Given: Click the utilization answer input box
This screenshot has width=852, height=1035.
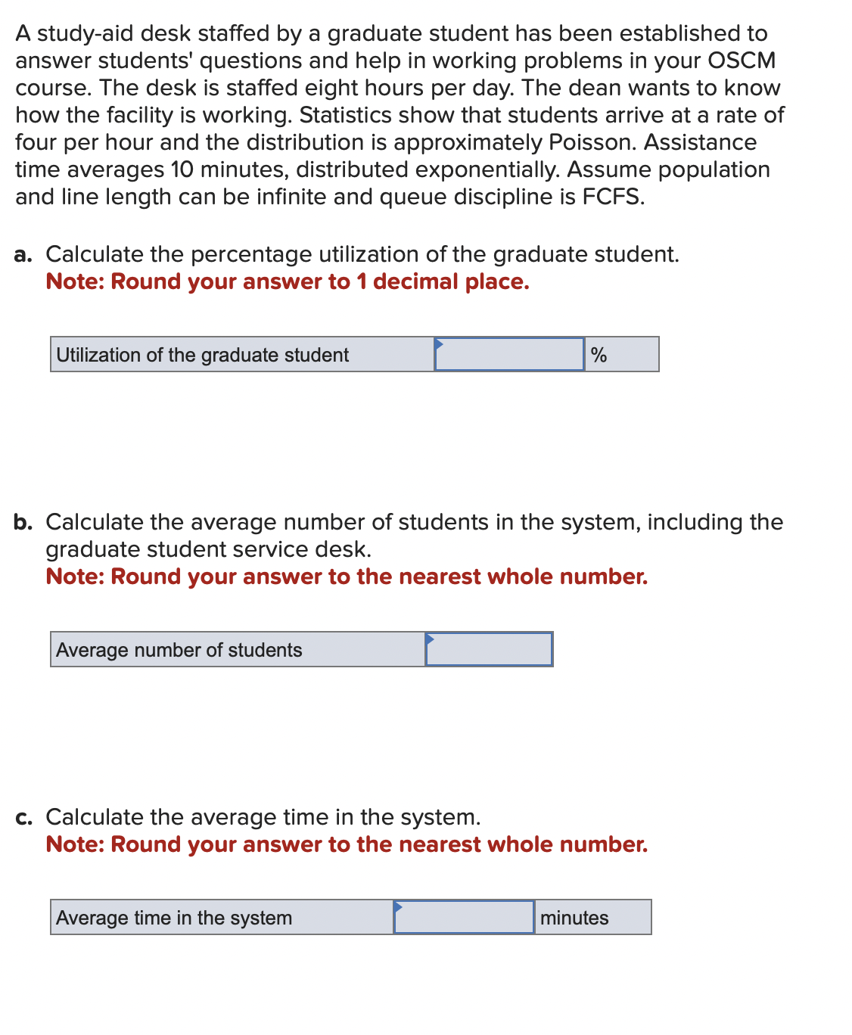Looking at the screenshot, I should (509, 354).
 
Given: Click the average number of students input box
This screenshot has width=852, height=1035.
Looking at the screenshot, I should (489, 649).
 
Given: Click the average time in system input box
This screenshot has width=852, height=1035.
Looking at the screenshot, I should (464, 917).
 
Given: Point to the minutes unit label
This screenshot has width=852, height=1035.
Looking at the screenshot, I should (574, 918).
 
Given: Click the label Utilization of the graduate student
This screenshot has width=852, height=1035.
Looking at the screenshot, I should (203, 355).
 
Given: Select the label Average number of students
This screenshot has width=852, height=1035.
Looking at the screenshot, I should (179, 650).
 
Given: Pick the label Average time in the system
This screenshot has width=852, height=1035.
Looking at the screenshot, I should (174, 918).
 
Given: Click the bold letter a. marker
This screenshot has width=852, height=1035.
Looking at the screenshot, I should (23, 254).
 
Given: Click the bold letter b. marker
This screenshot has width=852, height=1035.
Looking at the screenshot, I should (23, 522).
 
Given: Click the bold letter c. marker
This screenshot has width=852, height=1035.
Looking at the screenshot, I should (23, 817).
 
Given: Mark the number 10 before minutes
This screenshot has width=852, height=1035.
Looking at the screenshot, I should (182, 169).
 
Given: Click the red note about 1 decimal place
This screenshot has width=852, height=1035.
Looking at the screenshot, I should (288, 281).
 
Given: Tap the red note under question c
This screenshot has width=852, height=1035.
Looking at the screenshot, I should (347, 844).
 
